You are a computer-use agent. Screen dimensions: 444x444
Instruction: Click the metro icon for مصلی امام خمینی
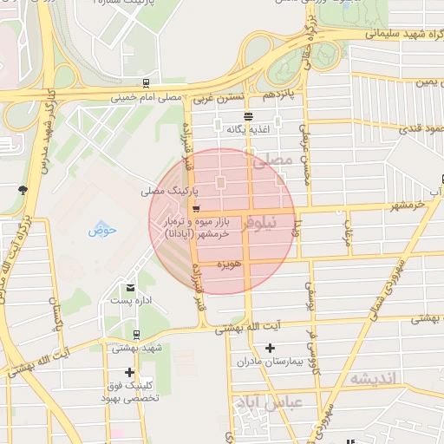(x=146, y=85)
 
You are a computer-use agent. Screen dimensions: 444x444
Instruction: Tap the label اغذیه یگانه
(x=249, y=129)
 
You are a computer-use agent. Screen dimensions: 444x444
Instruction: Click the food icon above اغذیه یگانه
(x=249, y=116)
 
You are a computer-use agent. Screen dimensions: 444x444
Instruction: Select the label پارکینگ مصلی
(x=171, y=188)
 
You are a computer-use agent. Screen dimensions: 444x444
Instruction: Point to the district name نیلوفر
(x=260, y=223)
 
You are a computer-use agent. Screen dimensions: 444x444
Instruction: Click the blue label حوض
(x=101, y=231)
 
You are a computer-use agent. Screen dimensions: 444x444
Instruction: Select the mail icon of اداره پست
(x=131, y=288)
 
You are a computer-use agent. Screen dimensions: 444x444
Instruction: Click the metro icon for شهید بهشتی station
(x=136, y=334)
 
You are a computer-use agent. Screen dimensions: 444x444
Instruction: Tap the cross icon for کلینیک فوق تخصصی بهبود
(x=130, y=373)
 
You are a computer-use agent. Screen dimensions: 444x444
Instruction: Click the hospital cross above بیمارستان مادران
(x=270, y=347)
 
